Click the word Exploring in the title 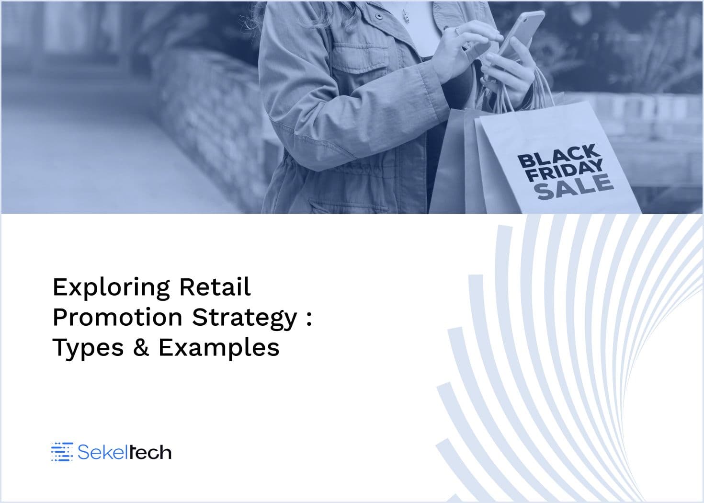pos(112,287)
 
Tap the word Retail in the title pos(215,286)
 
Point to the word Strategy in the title pos(245,319)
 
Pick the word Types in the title pos(88,349)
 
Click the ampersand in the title pos(141,347)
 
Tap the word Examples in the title pos(219,349)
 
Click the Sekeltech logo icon pos(62,452)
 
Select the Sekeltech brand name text pos(124,452)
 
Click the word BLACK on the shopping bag pos(559,156)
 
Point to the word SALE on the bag pos(575,187)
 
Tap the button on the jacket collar pos(379,16)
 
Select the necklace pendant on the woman pos(406,16)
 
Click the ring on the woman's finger pos(458,30)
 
